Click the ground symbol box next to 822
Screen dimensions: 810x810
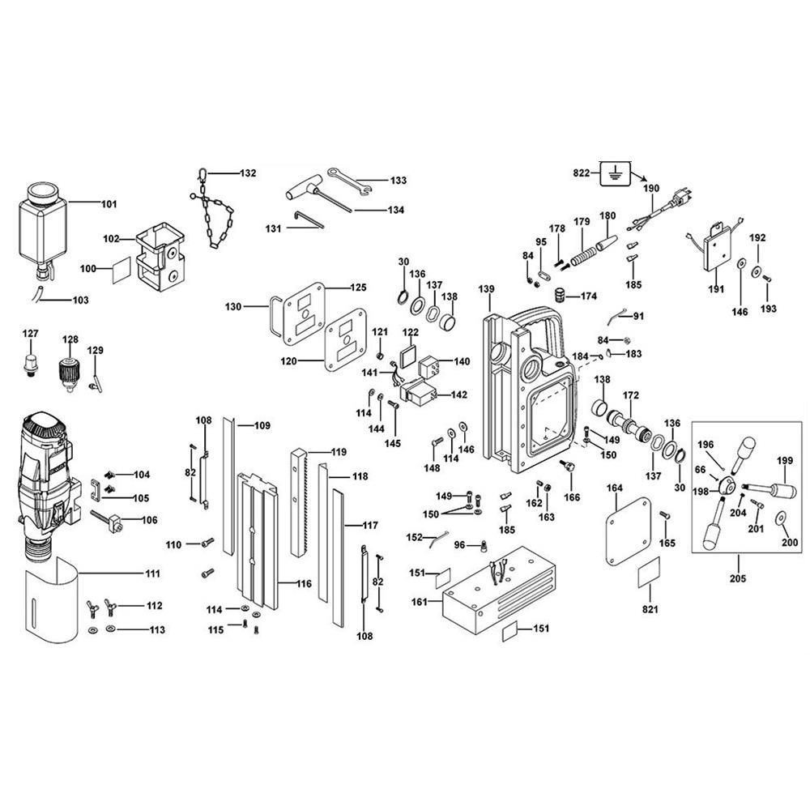(614, 172)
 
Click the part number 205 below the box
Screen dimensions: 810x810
(738, 578)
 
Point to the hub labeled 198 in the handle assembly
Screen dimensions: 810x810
(727, 485)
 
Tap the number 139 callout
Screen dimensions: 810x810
(486, 289)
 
